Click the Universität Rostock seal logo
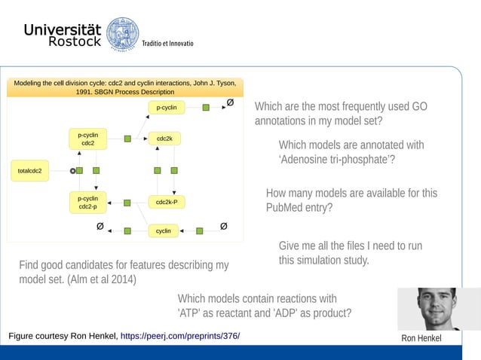pyautogui.click(x=122, y=35)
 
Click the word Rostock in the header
pyautogui.click(x=75, y=43)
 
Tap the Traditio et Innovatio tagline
pyautogui.click(x=168, y=43)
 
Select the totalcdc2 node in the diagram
pyautogui.click(x=29, y=171)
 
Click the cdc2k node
pyautogui.click(x=164, y=139)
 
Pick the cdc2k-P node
pyautogui.click(x=166, y=202)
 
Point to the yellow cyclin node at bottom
pyautogui.click(x=163, y=230)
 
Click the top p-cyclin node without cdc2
pyautogui.click(x=166, y=108)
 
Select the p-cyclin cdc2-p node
pyautogui.click(x=87, y=202)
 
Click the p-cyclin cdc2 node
pyautogui.click(x=87, y=139)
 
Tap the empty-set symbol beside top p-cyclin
pyautogui.click(x=230, y=102)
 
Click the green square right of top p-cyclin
pyautogui.click(x=206, y=108)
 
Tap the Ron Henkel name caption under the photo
pyautogui.click(x=422, y=338)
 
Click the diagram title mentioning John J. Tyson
pyautogui.click(x=125, y=87)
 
